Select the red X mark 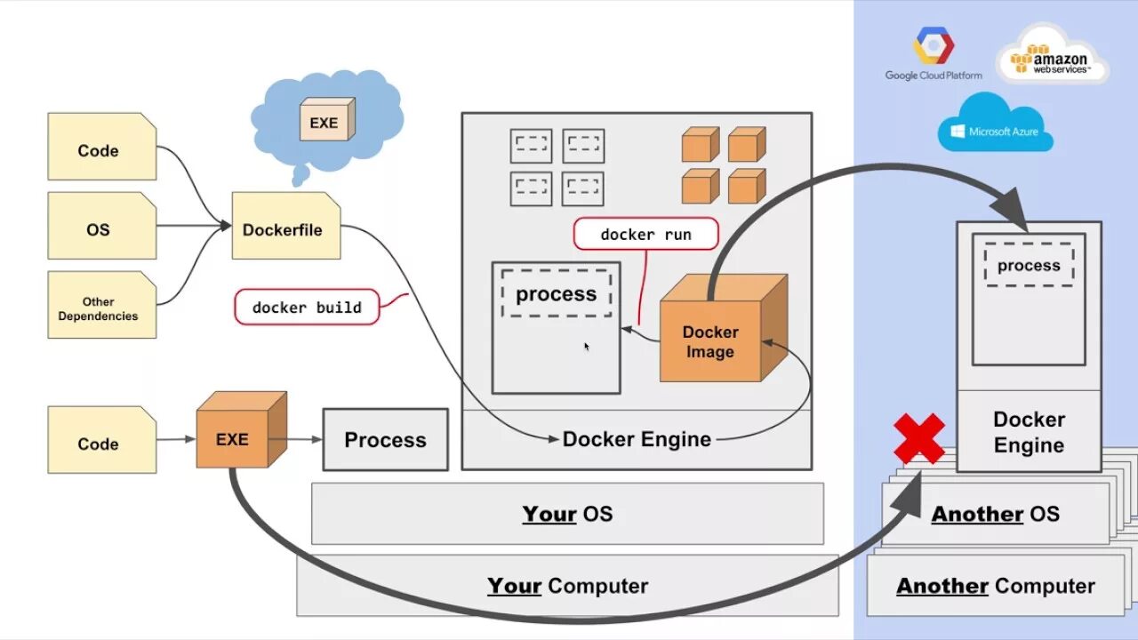coord(919,438)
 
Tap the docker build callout coord(307,307)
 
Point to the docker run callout coord(645,235)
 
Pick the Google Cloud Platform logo coord(933,53)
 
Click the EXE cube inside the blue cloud coord(325,120)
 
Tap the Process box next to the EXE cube coord(385,439)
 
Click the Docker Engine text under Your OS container coord(637,439)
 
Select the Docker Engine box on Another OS coord(1029,431)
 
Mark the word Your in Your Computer coord(514,586)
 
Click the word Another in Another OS coord(977,514)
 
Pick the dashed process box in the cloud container coord(1029,266)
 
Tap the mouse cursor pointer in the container coord(586,346)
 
